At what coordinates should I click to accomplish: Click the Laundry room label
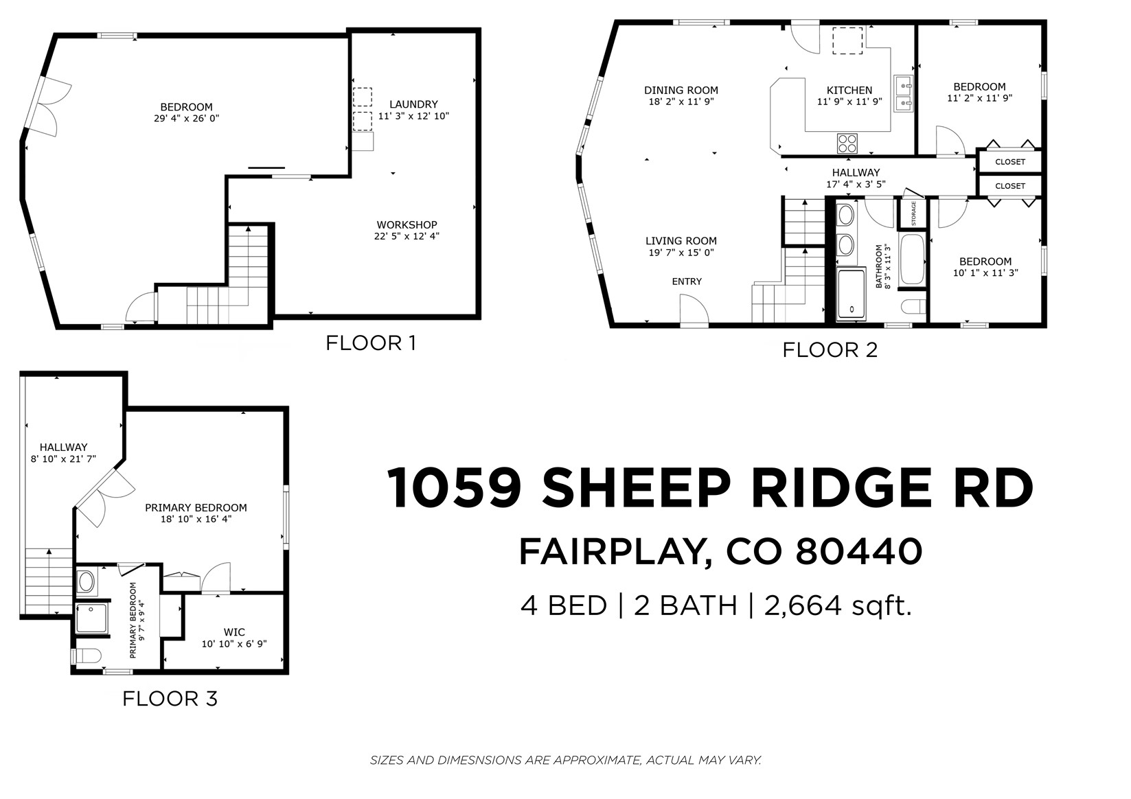coord(413,104)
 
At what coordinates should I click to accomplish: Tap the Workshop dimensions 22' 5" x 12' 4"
coord(407,236)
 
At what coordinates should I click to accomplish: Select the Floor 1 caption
coord(370,343)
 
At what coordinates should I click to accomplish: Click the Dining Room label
coord(681,90)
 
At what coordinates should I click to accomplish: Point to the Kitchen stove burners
coord(847,143)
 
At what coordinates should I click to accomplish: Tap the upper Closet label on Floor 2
coord(1009,162)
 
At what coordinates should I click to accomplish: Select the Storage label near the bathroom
coord(913,213)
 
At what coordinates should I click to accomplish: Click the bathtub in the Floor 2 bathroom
coord(912,259)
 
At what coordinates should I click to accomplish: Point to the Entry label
coord(687,281)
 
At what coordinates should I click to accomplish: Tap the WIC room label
coord(234,632)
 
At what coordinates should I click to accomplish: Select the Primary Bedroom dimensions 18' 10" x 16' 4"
coord(196,519)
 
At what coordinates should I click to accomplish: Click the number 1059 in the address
coord(457,489)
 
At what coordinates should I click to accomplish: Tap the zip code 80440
coord(858,551)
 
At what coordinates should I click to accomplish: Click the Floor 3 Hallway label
coord(63,447)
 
